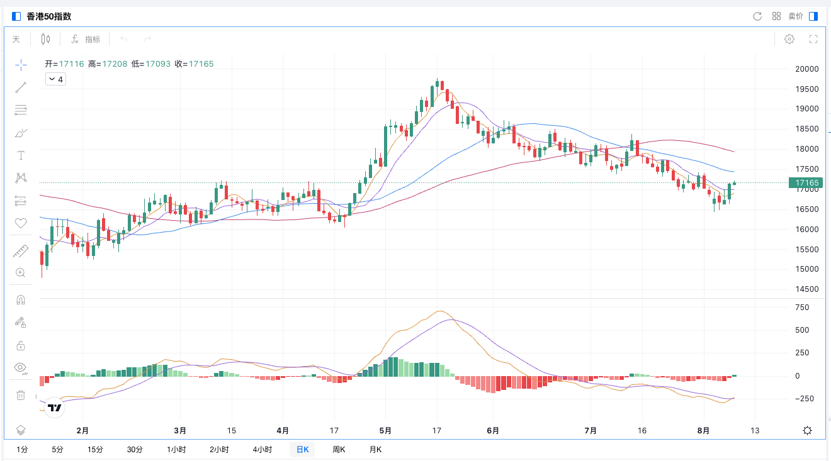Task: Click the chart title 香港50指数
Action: (48, 16)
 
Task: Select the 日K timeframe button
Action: (302, 450)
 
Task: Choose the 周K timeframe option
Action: (339, 450)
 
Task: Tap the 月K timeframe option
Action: (375, 450)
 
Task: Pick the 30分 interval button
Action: (135, 450)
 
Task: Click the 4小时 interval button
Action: (262, 450)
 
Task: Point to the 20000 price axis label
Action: (806, 69)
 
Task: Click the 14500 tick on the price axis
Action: (806, 289)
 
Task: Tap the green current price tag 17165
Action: (806, 183)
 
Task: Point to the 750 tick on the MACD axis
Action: (802, 308)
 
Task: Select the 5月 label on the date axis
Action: (385, 431)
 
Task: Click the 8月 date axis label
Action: (704, 431)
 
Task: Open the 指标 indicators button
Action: (86, 39)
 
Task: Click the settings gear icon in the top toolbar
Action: (789, 39)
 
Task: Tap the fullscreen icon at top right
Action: (813, 39)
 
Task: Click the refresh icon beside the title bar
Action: (757, 16)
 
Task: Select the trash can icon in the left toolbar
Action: (21, 395)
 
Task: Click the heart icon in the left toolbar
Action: (21, 223)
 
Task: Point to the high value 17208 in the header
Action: (116, 64)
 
